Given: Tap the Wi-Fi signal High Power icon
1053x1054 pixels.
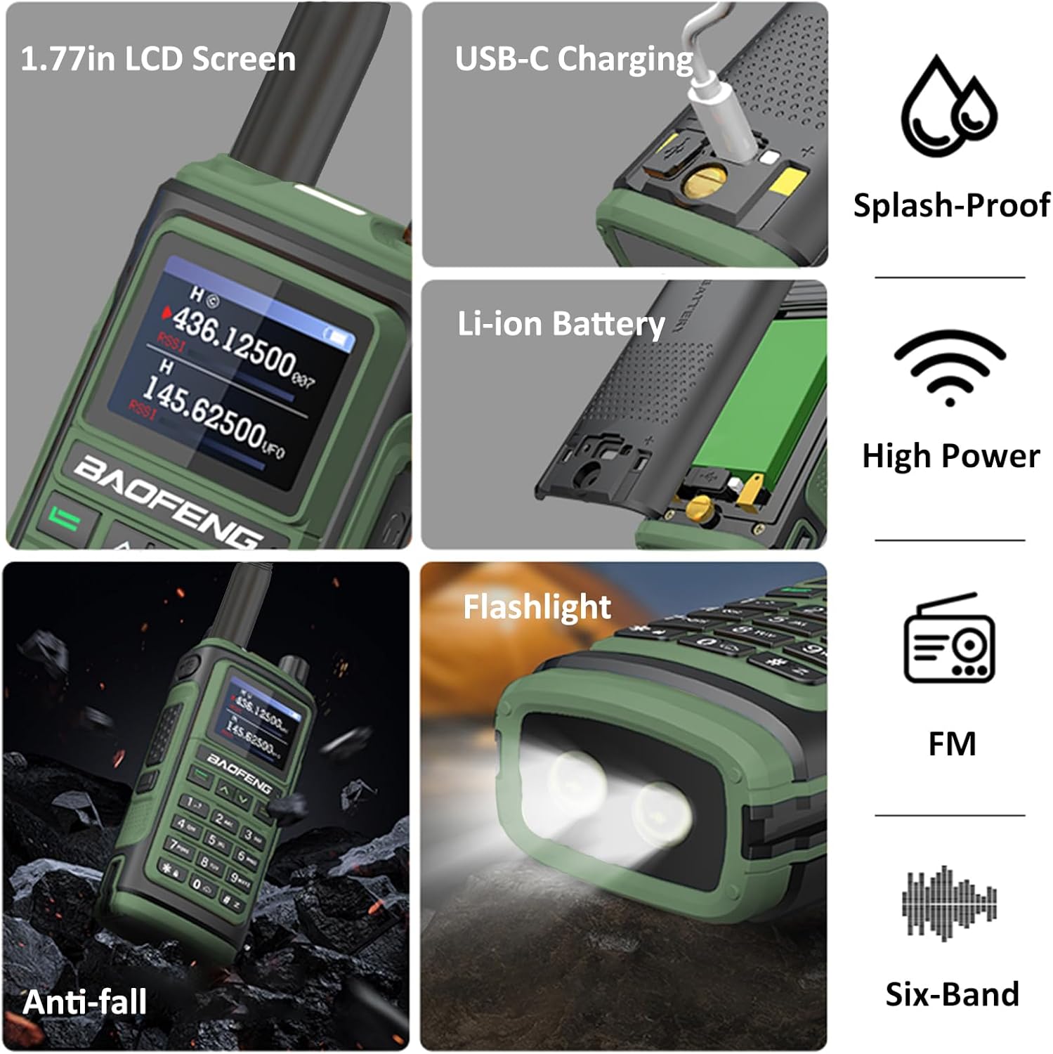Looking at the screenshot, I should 950,367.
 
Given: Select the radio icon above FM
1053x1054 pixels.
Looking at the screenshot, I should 949,638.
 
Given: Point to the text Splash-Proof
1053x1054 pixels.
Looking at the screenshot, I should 951,205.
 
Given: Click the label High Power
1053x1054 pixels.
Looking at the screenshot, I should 950,455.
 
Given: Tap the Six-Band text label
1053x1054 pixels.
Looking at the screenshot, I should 952,994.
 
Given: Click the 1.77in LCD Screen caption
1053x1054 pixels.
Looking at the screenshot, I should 158,59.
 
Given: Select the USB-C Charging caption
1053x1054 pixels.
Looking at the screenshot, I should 574,59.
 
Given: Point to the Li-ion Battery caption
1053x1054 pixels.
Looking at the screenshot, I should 561,324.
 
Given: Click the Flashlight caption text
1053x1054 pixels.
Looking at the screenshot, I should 537,606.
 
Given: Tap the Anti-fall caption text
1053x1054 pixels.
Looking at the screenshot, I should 85,1001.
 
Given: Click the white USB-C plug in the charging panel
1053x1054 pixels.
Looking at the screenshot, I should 720,119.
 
